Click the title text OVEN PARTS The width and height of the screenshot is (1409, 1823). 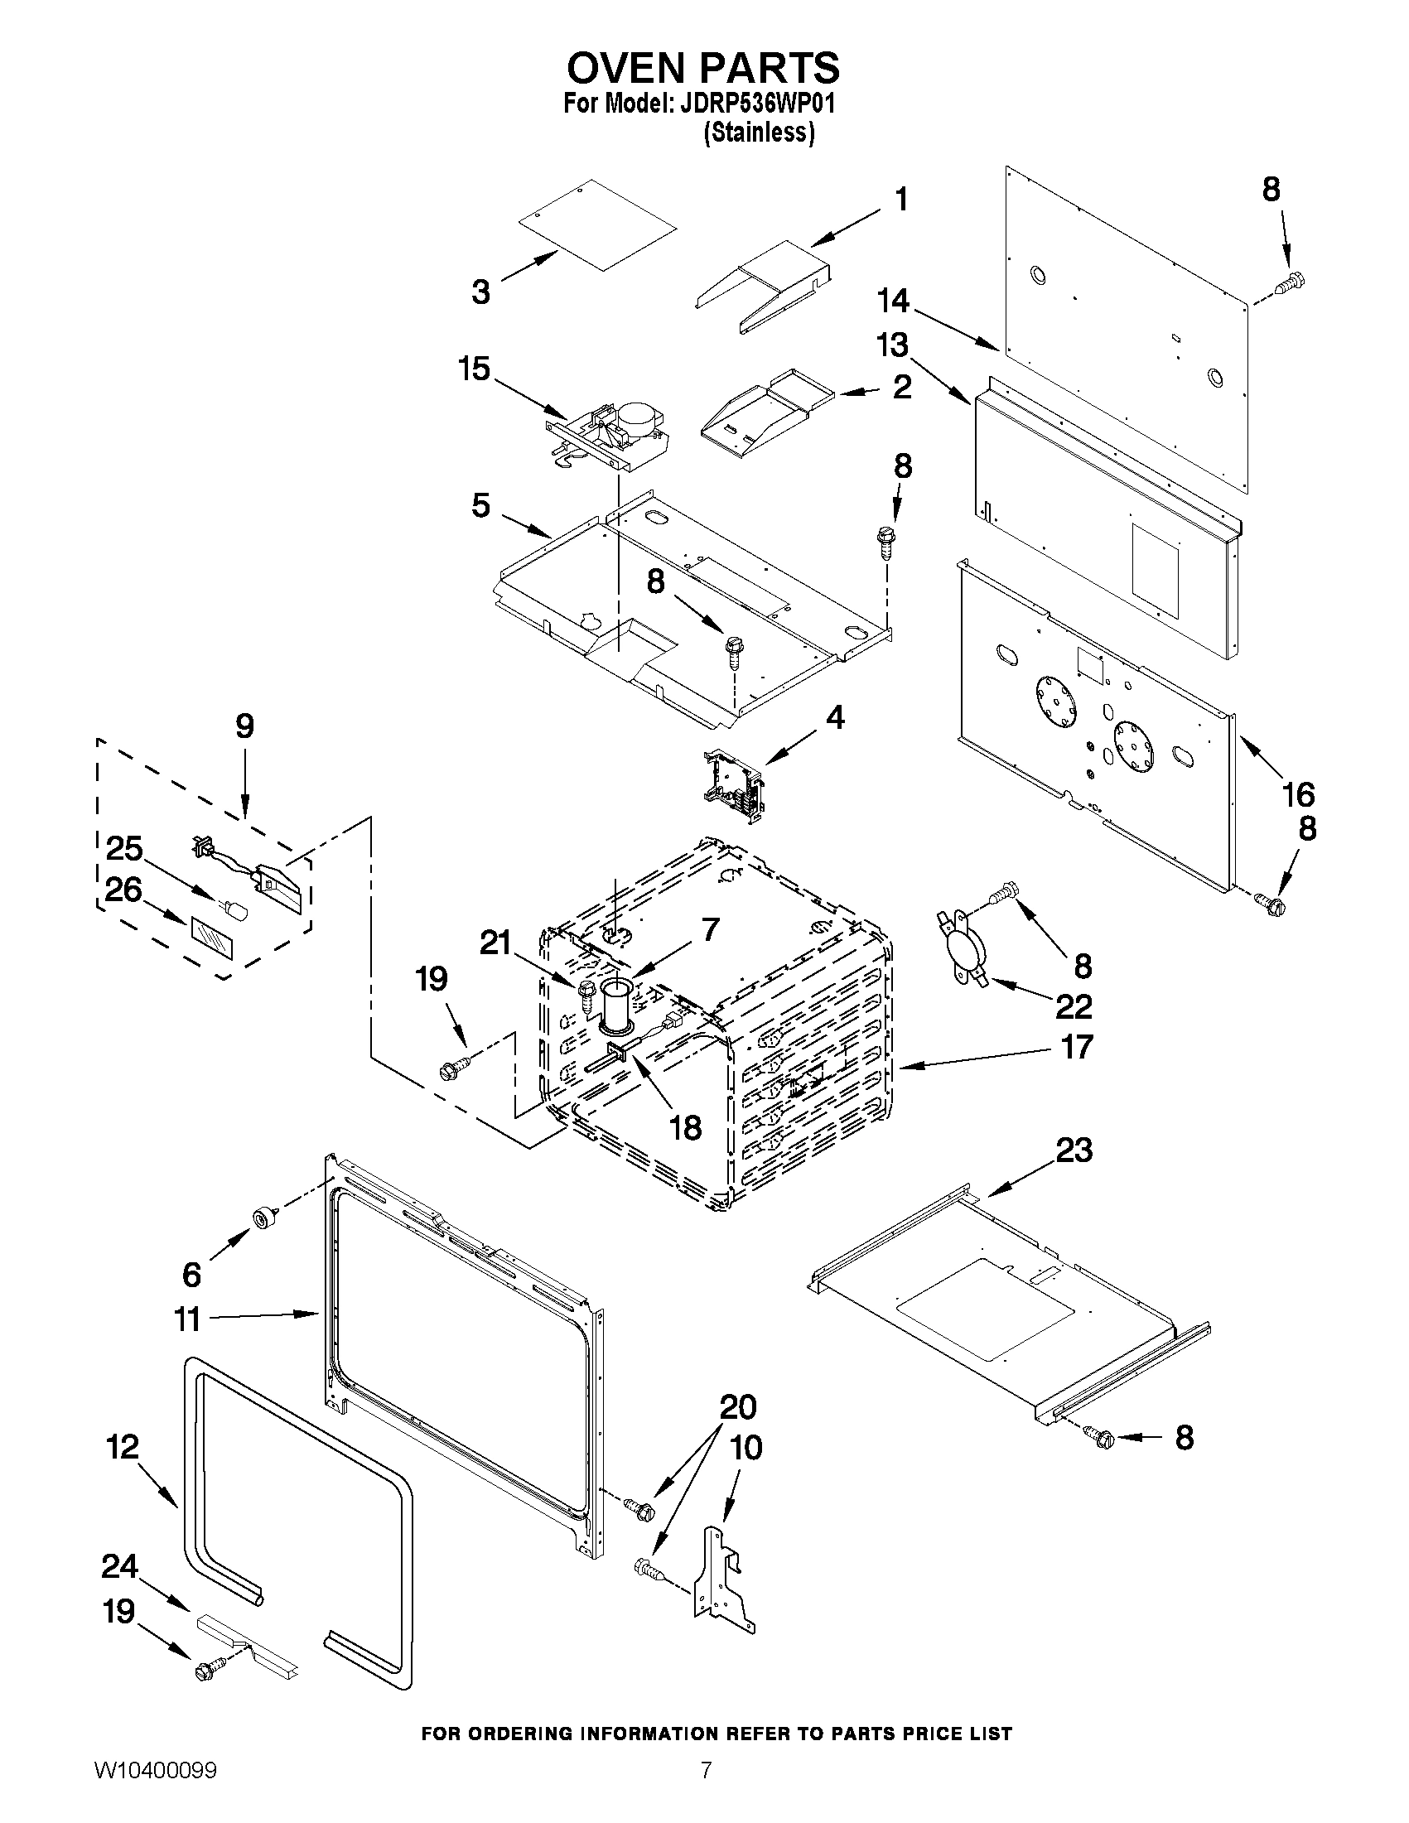[x=703, y=67]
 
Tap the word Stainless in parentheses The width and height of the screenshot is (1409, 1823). [x=758, y=133]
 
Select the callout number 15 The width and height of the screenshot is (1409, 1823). [x=474, y=368]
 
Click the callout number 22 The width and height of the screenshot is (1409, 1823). [x=1074, y=1006]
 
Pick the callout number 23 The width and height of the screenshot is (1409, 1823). [x=1074, y=1150]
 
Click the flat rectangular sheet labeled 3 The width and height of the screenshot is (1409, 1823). [x=597, y=224]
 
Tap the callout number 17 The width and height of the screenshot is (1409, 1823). [x=1076, y=1047]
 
